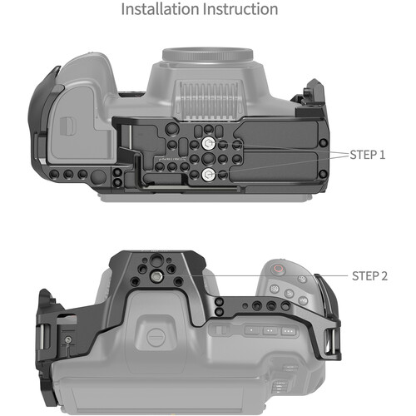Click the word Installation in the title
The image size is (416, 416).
pyautogui.click(x=161, y=9)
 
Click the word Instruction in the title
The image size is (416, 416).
pyautogui.click(x=240, y=9)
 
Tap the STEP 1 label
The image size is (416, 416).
pyautogui.click(x=368, y=155)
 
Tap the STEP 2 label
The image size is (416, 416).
pyautogui.click(x=369, y=276)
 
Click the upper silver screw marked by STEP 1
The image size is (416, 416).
pyautogui.click(x=208, y=143)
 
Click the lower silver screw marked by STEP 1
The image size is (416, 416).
pyautogui.click(x=208, y=175)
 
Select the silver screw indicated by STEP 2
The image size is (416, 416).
pyautogui.click(x=156, y=276)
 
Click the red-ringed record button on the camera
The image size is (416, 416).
pyautogui.click(x=278, y=269)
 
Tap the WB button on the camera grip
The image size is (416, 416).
pyautogui.click(x=303, y=300)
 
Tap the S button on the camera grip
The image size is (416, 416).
pyautogui.click(x=289, y=293)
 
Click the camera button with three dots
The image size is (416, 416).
pyautogui.click(x=289, y=331)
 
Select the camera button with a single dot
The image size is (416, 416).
pyautogui.click(x=251, y=330)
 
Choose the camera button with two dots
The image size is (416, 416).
pyautogui.click(x=270, y=330)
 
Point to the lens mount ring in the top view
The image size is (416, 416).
pyautogui.click(x=207, y=54)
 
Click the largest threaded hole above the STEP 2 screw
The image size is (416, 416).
pyautogui.click(x=156, y=260)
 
